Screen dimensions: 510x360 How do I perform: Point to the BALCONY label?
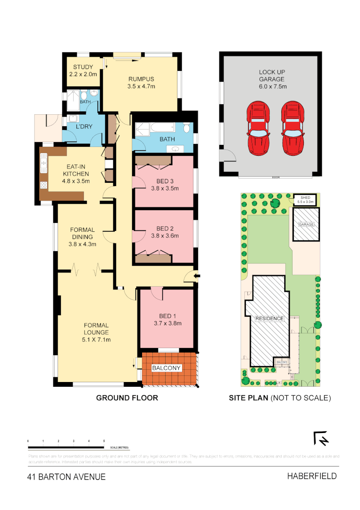166,368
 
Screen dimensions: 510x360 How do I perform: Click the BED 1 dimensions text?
167,323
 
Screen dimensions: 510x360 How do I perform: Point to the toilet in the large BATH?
187,128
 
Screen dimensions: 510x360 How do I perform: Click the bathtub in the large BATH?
154,127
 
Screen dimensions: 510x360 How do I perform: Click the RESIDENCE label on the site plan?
269,318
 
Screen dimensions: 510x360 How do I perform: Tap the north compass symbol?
321,439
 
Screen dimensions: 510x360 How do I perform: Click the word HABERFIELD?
312,476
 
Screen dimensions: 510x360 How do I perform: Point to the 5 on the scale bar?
104,441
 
